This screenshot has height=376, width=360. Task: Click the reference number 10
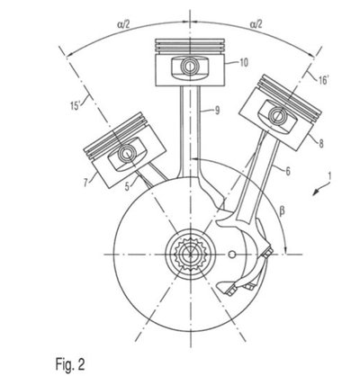tap(244, 63)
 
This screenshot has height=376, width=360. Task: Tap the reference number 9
tap(217, 111)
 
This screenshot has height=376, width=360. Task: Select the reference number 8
tap(321, 144)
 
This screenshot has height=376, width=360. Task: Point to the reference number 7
tap(86, 182)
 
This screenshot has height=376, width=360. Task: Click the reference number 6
tap(288, 171)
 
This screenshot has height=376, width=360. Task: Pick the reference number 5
tap(127, 187)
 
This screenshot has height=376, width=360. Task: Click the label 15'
tap(75, 106)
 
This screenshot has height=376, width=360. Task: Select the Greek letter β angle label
tap(282, 212)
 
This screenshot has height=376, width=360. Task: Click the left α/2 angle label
tap(123, 24)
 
